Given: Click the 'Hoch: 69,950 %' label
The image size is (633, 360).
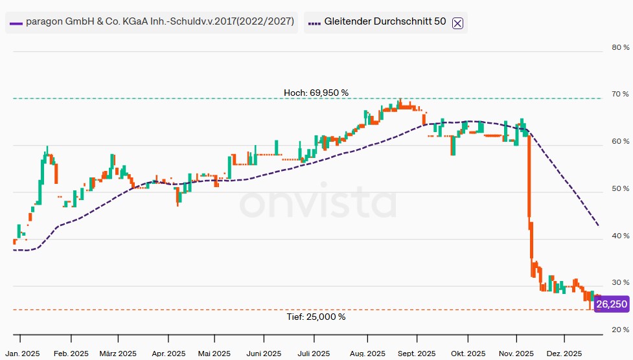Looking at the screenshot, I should tap(316, 93).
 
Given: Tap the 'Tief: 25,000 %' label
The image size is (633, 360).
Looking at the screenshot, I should tap(316, 317).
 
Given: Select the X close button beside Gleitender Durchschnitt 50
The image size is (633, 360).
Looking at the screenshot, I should tap(457, 23).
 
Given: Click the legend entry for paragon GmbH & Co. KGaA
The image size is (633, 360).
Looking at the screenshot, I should tap(153, 21).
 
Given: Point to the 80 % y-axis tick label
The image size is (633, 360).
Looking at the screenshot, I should tap(620, 47).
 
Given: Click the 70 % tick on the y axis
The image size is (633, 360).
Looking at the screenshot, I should tap(620, 95).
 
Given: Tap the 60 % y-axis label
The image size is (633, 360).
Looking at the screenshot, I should tap(620, 141).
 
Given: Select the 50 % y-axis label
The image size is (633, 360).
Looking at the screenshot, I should tap(620, 189).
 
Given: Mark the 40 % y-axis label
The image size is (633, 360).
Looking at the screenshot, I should tap(620, 236).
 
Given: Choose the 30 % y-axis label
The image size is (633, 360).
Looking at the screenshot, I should tap(620, 283).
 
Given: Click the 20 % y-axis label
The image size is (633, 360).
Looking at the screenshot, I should tap(620, 330).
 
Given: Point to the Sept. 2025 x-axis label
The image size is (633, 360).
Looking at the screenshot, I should tap(417, 354).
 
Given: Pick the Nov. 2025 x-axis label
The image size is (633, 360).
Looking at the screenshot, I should tap(516, 354).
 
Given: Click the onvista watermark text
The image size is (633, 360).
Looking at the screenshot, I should tap(317, 205).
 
